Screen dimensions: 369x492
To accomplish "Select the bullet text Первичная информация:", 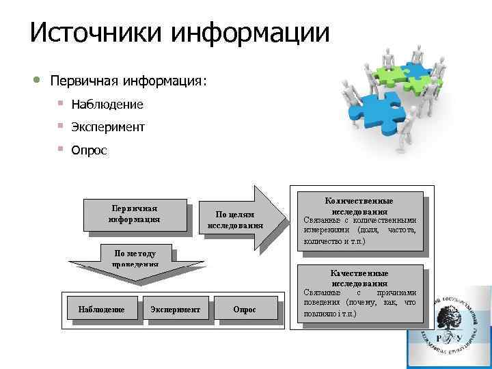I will pos(128,81).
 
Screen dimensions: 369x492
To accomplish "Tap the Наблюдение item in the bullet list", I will pos(107,105).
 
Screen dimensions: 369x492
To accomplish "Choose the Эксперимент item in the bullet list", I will pos(108,127).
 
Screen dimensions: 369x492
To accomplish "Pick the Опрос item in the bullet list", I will pos(90,150).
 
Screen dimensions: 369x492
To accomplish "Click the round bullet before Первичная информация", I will pos(36,81).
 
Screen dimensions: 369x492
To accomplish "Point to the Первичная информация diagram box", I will pos(134,214).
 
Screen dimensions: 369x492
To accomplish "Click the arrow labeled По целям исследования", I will pos(236,219).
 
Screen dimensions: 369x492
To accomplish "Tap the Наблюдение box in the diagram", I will pos(101,310).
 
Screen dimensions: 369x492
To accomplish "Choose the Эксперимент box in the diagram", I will pos(175,310).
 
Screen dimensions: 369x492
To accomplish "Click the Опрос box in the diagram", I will pos(244,310).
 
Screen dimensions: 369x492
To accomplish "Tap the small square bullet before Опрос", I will pos(61,148).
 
